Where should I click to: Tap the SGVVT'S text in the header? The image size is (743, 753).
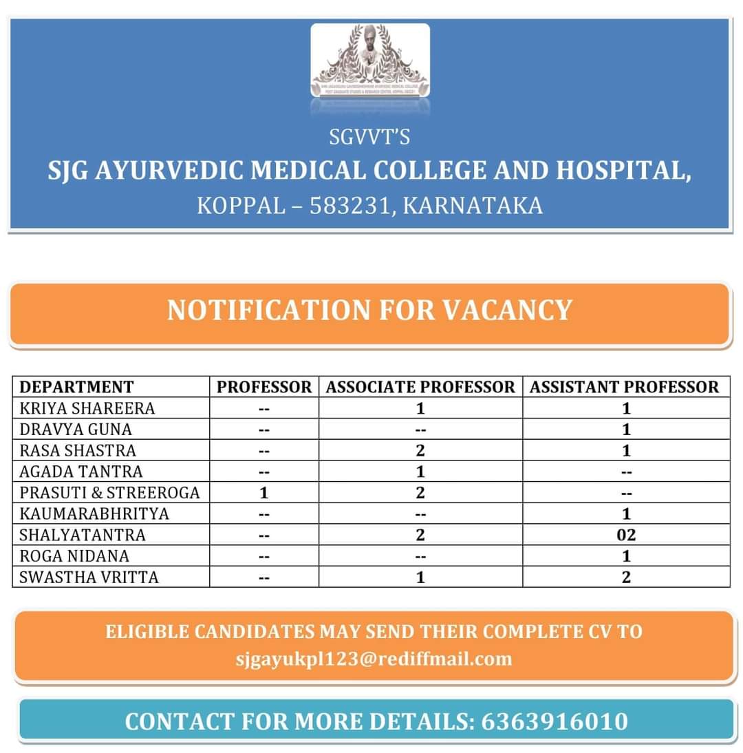click(x=369, y=138)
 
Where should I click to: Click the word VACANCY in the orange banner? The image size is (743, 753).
click(x=507, y=310)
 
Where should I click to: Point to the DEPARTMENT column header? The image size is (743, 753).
click(x=76, y=387)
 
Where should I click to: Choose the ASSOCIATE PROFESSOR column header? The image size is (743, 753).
click(x=420, y=387)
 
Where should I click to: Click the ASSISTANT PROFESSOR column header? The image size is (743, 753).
click(x=625, y=387)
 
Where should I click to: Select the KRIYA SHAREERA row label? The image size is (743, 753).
click(x=87, y=408)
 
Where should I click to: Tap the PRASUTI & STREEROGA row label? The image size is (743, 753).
click(x=109, y=493)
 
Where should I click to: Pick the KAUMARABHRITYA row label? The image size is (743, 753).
click(x=94, y=513)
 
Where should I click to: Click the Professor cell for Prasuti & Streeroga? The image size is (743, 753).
click(x=264, y=493)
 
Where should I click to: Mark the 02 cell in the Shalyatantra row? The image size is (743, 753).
click(x=626, y=535)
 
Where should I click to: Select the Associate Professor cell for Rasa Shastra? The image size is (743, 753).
click(x=420, y=451)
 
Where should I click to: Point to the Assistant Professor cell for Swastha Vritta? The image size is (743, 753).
click(x=626, y=577)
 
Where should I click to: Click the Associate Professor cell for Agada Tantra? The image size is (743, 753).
click(x=420, y=471)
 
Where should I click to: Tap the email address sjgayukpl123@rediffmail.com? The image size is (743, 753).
click(x=374, y=659)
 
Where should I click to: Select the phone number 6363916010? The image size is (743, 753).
click(x=554, y=721)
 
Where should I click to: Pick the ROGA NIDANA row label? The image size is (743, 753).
click(x=74, y=555)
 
